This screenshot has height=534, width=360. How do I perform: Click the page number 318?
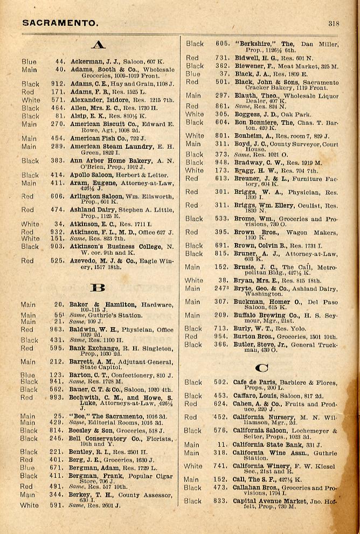pyautogui.click(x=333, y=23)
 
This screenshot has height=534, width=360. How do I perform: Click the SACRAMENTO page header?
pyautogui.click(x=60, y=23)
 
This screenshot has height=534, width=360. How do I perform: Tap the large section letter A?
pyautogui.click(x=98, y=45)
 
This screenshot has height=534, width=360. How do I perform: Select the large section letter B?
pyautogui.click(x=98, y=287)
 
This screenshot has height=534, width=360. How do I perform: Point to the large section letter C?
pyautogui.click(x=262, y=368)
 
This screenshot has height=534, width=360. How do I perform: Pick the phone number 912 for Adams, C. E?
pyautogui.click(x=58, y=84)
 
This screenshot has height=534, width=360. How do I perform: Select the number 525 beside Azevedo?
pyautogui.click(x=58, y=261)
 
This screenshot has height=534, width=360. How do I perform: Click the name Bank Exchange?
pyautogui.click(x=93, y=348)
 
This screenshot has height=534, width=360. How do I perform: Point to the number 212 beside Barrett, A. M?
pyautogui.click(x=58, y=362)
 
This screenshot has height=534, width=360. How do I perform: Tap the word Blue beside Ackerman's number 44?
pyautogui.click(x=29, y=62)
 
